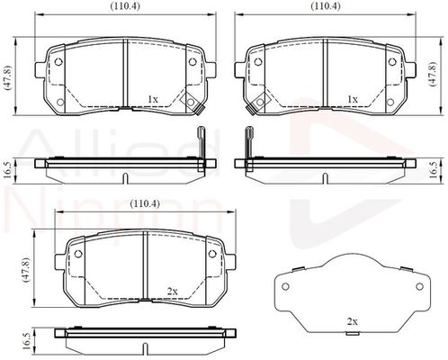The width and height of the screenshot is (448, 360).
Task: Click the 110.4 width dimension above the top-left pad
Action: pos(125,6)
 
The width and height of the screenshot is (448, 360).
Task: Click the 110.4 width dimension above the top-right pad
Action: pos(326,6)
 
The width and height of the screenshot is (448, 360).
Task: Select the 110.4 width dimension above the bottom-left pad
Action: pos(145,203)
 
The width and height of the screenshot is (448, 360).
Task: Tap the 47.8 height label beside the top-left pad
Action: pos(8,77)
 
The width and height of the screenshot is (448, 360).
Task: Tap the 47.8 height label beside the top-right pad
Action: pos(434,74)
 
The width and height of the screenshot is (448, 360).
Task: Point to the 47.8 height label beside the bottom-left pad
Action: pos(26,269)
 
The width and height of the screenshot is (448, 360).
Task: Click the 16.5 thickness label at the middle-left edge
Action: pos(8,169)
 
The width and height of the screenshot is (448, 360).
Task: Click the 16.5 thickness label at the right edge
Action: pos(434,171)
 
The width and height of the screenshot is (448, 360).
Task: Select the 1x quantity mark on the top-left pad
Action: pos(153,99)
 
